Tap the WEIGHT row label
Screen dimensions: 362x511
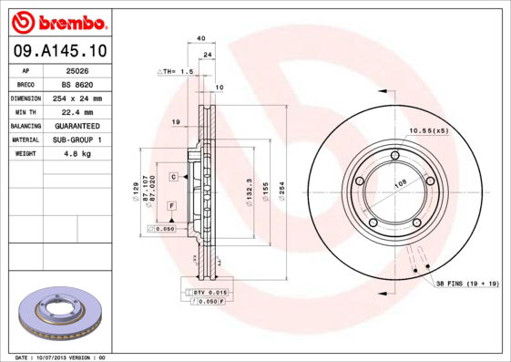[x=25, y=154]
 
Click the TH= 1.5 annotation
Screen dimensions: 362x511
[x=177, y=71]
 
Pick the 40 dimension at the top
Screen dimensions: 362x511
[x=201, y=38]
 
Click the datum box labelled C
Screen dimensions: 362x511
[x=172, y=175]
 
